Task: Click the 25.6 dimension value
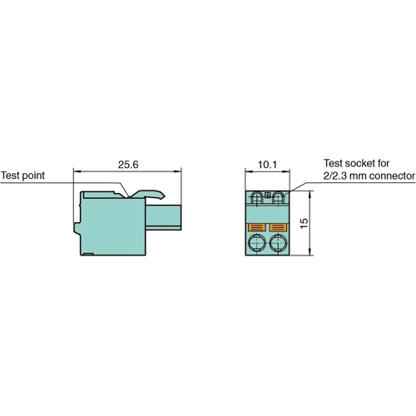(126, 165)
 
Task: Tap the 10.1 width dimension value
(266, 165)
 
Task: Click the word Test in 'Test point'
(12, 176)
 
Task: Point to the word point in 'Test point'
(35, 176)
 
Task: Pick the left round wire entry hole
(257, 245)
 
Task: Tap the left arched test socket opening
(256, 199)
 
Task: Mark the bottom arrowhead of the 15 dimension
(310, 255)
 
